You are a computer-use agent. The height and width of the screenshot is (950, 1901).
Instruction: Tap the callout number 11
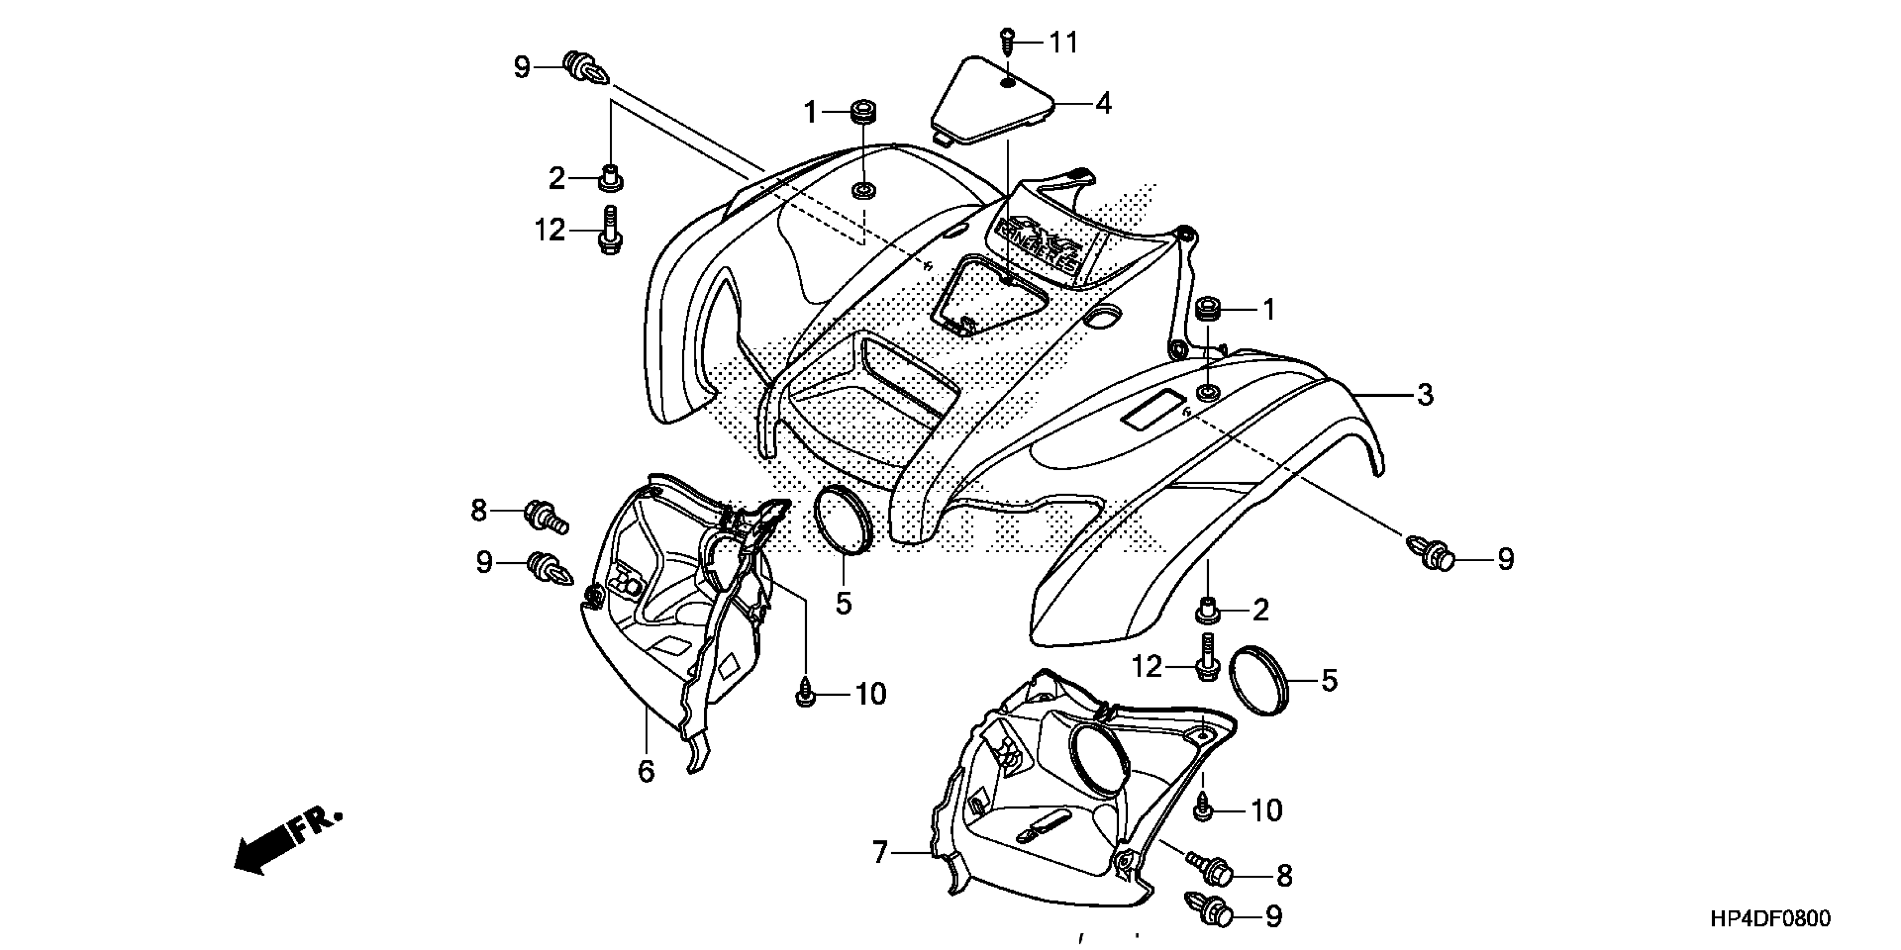pos(1064,43)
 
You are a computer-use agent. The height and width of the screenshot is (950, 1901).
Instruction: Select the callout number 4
pos(1103,104)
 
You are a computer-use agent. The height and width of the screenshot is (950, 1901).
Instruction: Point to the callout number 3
pos(1425,395)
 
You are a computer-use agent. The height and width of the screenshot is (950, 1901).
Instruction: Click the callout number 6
pos(646,772)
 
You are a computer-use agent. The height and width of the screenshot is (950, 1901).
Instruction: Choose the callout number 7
pos(879,853)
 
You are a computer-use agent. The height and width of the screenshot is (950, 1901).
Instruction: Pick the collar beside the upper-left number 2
pos(609,178)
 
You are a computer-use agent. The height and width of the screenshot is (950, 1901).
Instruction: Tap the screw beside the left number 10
pos(806,694)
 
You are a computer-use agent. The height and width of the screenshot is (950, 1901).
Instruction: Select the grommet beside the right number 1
pos(1209,308)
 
